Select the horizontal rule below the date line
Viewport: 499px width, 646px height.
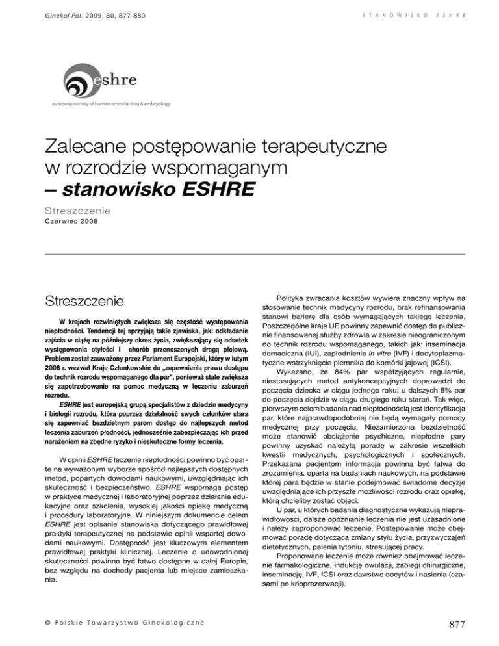point(249,253)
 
